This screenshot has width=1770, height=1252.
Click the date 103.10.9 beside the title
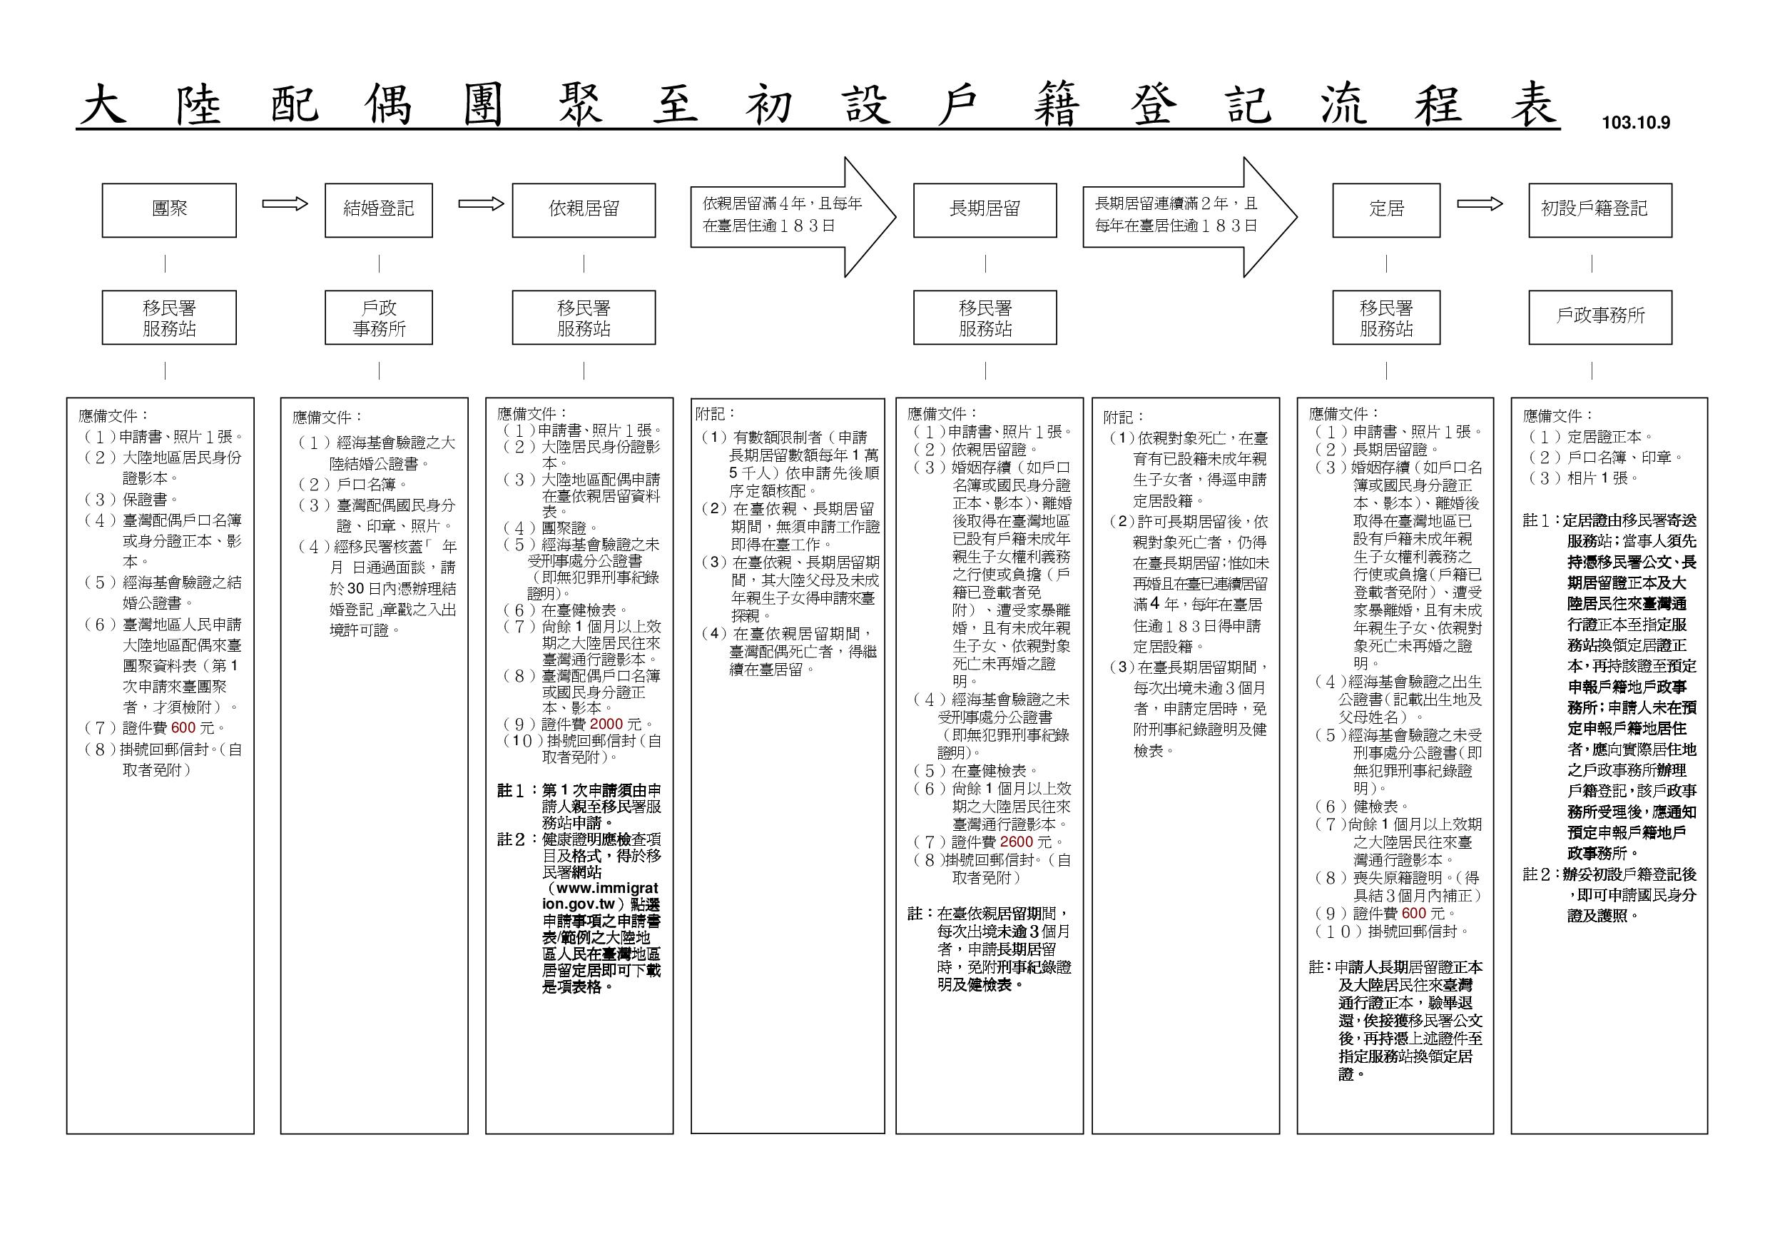(x=1635, y=123)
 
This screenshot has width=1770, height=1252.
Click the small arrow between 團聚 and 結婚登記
(x=285, y=203)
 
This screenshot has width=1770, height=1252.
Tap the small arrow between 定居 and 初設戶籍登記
(x=1480, y=203)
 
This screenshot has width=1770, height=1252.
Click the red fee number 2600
(x=1016, y=842)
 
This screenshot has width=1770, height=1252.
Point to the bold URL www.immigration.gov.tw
(x=601, y=897)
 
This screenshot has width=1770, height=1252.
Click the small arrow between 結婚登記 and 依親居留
(x=481, y=203)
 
